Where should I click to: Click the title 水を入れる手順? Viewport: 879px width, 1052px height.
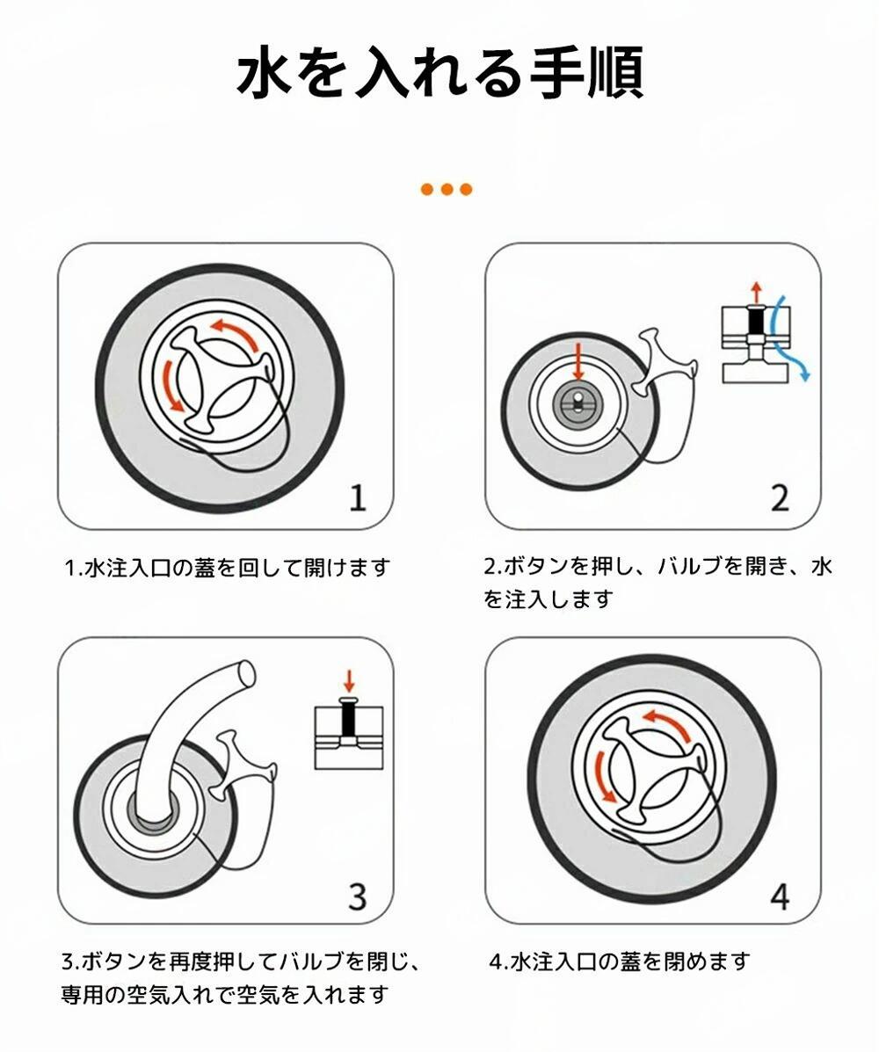click(x=439, y=72)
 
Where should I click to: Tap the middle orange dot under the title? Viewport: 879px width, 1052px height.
click(x=447, y=189)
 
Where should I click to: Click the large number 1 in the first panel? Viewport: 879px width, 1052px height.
click(x=359, y=498)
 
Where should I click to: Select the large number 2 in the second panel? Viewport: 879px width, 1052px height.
click(x=780, y=498)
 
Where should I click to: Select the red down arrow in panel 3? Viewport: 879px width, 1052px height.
click(x=348, y=680)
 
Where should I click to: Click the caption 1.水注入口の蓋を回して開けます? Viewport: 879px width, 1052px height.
click(x=228, y=569)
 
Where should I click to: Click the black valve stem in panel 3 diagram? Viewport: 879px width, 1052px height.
click(x=348, y=721)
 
